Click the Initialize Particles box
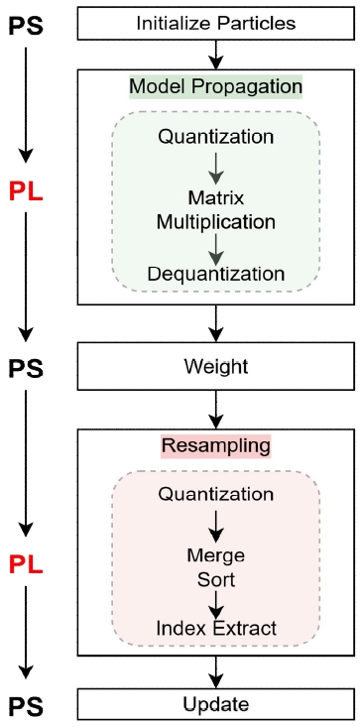click(x=215, y=20)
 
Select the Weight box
click(x=215, y=367)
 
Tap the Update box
click(x=215, y=705)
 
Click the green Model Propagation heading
click(x=215, y=86)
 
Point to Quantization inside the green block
click(x=215, y=135)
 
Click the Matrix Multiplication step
click(x=215, y=204)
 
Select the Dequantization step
click(x=215, y=273)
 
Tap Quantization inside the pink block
click(x=215, y=494)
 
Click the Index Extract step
click(x=215, y=627)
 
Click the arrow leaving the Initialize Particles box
click(x=215, y=52)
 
